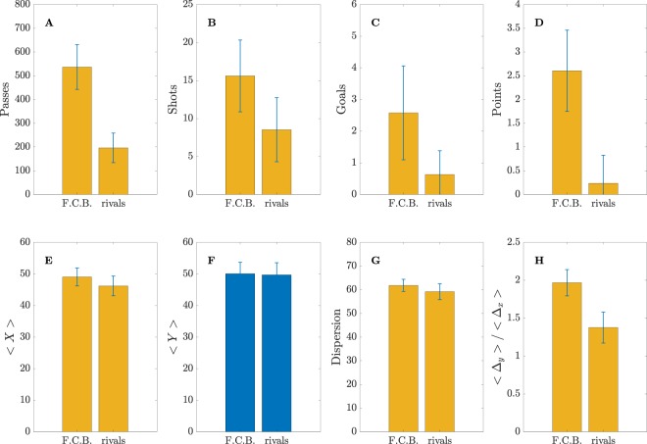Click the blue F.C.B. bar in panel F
pyautogui.click(x=240, y=354)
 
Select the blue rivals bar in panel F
pyautogui.click(x=276, y=354)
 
